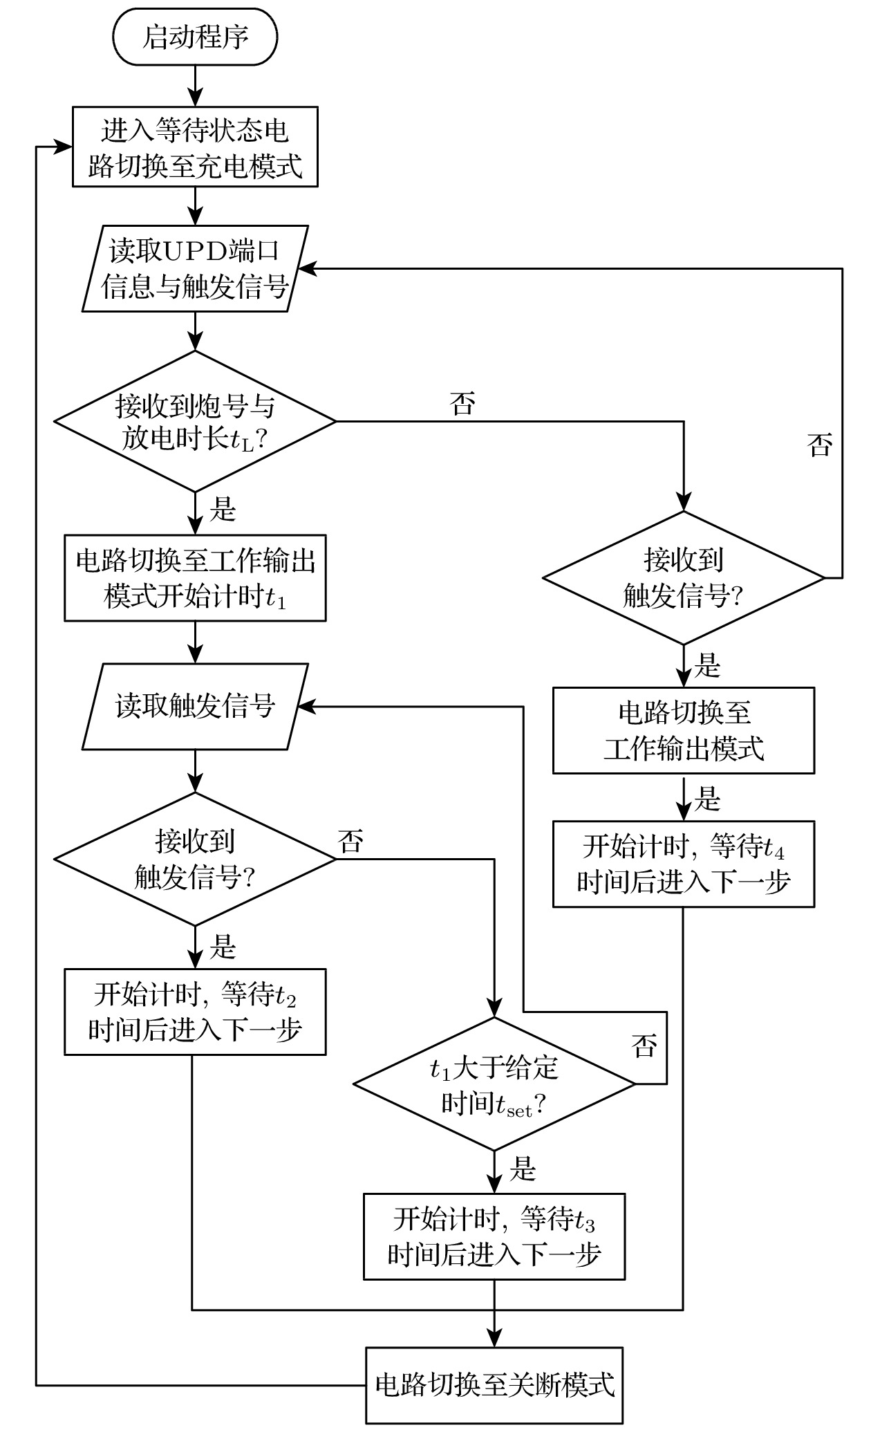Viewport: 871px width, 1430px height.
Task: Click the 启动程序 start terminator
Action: point(196,37)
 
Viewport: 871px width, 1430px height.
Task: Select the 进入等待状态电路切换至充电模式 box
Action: point(196,147)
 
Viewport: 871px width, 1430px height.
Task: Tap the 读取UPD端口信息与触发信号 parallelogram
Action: point(196,268)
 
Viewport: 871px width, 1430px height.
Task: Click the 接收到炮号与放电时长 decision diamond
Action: point(196,422)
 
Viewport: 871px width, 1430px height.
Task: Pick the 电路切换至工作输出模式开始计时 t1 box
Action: point(196,578)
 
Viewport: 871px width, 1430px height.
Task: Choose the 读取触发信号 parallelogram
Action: point(196,707)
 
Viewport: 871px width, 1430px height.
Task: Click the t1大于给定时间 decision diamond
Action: point(494,1084)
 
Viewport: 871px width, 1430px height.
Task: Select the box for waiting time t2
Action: point(196,1012)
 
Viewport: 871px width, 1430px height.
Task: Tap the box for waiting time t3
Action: point(494,1236)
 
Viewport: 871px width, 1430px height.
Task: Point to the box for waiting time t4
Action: point(684,864)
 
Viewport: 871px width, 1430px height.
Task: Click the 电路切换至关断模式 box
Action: point(494,1385)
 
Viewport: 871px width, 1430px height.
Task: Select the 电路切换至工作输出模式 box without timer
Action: point(684,730)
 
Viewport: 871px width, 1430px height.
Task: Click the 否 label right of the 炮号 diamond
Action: point(462,403)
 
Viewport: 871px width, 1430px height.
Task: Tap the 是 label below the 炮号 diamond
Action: point(223,510)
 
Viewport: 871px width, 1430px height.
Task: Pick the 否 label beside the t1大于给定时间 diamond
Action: point(644,1046)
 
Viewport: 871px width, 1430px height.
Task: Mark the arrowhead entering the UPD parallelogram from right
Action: point(307,269)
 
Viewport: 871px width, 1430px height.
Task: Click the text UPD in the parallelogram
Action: point(196,251)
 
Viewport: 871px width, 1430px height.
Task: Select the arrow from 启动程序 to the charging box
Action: point(196,86)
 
